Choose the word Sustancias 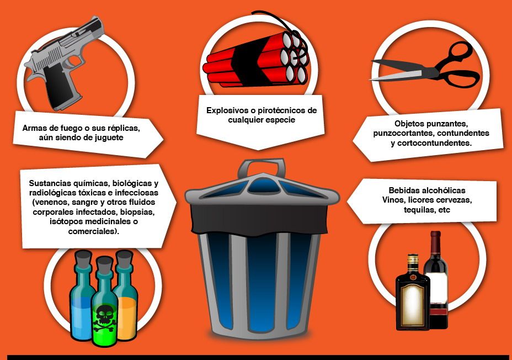49,183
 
